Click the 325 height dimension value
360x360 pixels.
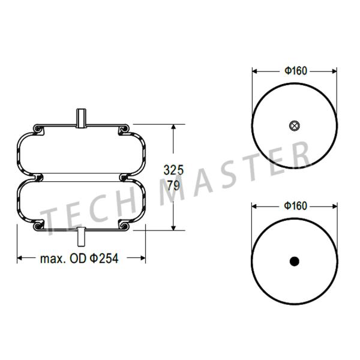pos(173,170)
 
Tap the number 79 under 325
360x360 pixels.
pos(173,185)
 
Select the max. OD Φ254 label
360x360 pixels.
pos(79,258)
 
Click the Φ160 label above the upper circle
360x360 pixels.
pos(296,71)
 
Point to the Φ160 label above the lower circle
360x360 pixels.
pos(295,206)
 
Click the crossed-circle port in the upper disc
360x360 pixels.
pos(295,125)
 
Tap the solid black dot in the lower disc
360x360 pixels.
pos(295,261)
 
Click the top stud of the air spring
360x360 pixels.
pos(81,118)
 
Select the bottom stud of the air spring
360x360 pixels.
pos(81,237)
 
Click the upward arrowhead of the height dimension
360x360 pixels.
pos(173,127)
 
